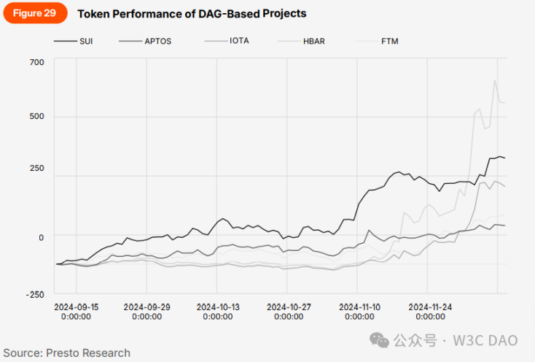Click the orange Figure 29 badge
click(x=35, y=13)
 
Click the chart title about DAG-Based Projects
click(x=192, y=14)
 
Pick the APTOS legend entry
click(x=157, y=41)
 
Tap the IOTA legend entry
click(x=238, y=41)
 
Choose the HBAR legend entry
click(x=315, y=41)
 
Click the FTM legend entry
click(x=390, y=41)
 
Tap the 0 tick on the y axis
click(x=41, y=236)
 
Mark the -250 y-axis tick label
click(x=35, y=294)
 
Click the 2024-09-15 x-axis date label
click(x=76, y=312)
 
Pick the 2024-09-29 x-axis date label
click(x=147, y=312)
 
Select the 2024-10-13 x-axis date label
click(x=218, y=312)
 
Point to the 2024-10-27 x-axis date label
click(x=289, y=312)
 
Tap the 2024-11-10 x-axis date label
click(x=359, y=312)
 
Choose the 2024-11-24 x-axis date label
click(x=430, y=312)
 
